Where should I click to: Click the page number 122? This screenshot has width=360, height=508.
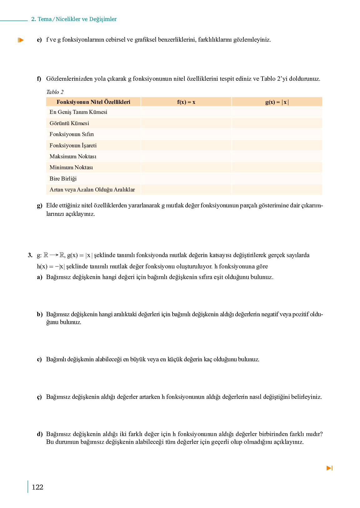(x=37, y=487)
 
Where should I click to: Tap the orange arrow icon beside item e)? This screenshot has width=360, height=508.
(x=21, y=40)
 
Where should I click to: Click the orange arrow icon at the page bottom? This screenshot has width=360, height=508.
(x=329, y=468)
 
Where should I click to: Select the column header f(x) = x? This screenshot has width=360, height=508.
(x=186, y=102)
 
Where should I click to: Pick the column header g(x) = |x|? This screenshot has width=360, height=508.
(x=277, y=102)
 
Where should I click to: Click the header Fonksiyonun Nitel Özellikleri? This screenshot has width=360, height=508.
(x=93, y=102)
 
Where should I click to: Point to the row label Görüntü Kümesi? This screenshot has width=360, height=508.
(x=69, y=123)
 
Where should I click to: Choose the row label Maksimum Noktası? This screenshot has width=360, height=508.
(x=73, y=156)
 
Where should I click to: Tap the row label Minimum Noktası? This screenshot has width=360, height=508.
(x=71, y=167)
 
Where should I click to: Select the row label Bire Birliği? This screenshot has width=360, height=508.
(x=63, y=179)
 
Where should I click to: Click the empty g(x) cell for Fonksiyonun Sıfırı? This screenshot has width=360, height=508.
(x=277, y=134)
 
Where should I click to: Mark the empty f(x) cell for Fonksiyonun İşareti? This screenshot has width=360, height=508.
(x=186, y=145)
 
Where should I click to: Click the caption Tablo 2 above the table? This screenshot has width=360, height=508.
(x=55, y=92)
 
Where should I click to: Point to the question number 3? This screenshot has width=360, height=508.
(x=30, y=255)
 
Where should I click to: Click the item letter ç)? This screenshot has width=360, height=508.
(x=39, y=397)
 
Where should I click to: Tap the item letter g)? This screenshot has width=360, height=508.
(x=39, y=206)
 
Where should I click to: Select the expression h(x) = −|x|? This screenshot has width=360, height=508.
(x=51, y=267)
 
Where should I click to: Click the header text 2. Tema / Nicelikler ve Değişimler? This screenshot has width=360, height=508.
(x=74, y=19)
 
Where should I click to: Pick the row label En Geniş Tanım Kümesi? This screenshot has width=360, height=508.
(x=78, y=112)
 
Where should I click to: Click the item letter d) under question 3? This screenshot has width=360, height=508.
(x=40, y=434)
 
